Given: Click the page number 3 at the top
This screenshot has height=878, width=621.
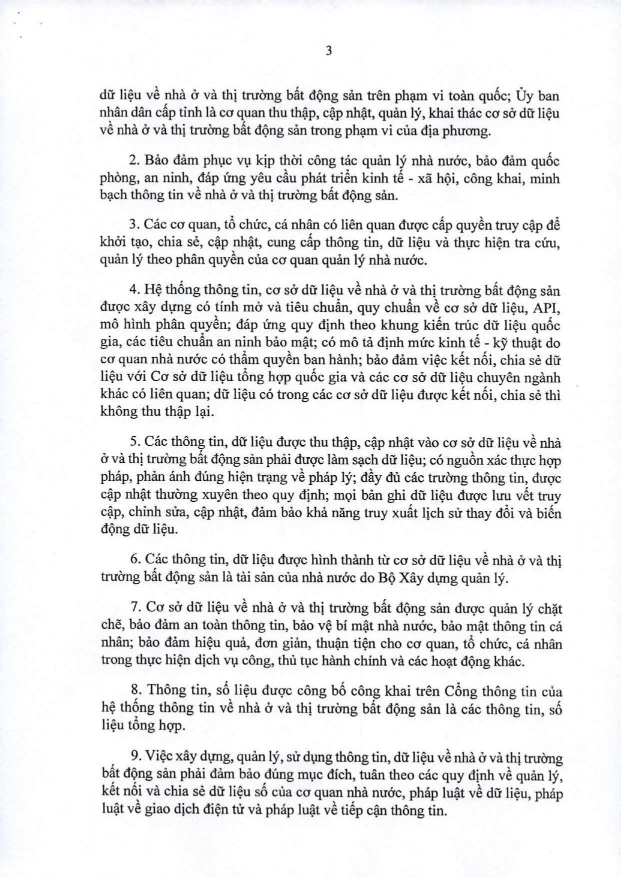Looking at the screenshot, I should (328, 51).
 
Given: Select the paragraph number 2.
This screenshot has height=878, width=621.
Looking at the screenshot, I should (133, 161).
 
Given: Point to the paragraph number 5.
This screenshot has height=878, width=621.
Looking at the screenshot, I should (133, 443).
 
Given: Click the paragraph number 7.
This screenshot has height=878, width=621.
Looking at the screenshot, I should (134, 608).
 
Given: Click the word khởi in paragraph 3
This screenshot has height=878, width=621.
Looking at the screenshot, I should (112, 243).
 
